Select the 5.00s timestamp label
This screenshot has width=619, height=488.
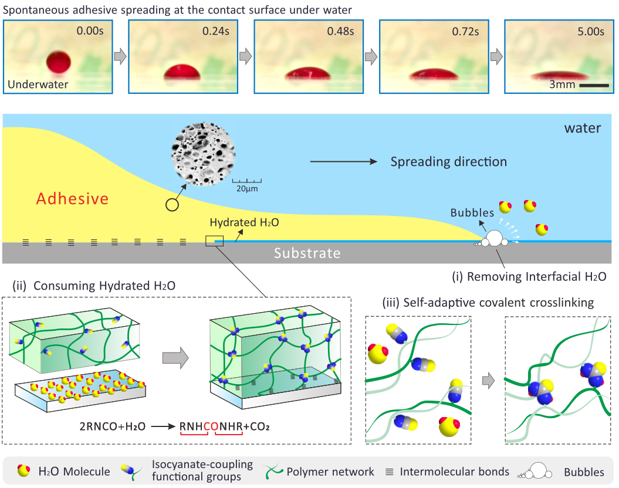point(588,32)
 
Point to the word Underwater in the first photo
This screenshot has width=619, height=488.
point(38,84)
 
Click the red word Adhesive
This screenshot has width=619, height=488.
point(72,199)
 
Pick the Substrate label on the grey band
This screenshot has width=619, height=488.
point(307,253)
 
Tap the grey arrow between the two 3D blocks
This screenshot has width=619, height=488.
point(175,355)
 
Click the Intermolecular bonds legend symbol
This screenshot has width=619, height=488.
point(388,472)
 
